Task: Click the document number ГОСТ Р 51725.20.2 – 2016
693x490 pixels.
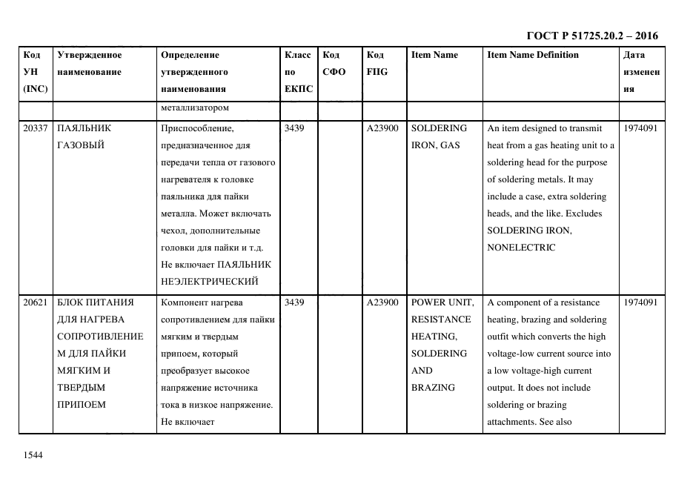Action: pyautogui.click(x=591, y=36)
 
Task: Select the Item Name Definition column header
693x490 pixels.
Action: pyautogui.click(x=533, y=55)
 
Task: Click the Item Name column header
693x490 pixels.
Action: pyautogui.click(x=434, y=55)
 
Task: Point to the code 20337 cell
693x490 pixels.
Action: pyautogui.click(x=36, y=128)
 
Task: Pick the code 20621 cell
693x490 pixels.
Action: pyautogui.click(x=36, y=302)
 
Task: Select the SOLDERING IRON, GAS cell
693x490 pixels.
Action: pyautogui.click(x=439, y=136)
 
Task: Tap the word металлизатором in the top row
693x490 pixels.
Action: pyautogui.click(x=194, y=108)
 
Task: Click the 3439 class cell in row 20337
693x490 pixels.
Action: pyautogui.click(x=294, y=128)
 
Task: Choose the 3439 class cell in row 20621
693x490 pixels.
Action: pyautogui.click(x=294, y=302)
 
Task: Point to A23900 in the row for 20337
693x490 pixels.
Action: pyautogui.click(x=382, y=128)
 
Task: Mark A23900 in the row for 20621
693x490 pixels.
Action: pyautogui.click(x=382, y=302)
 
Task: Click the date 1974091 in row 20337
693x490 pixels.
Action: pyautogui.click(x=640, y=128)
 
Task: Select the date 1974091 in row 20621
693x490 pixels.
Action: pyautogui.click(x=640, y=302)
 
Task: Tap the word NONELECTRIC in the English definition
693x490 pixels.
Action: pyautogui.click(x=521, y=248)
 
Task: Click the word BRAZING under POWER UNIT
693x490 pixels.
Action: pyautogui.click(x=433, y=388)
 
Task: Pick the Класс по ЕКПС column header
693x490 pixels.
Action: pyautogui.click(x=299, y=72)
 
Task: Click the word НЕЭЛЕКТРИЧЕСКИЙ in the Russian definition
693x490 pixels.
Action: pyautogui.click(x=209, y=282)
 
